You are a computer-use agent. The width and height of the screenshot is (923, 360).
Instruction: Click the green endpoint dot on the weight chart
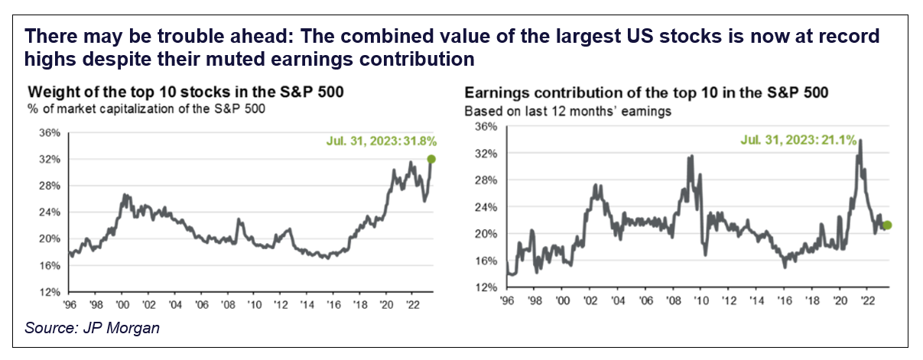click(431, 159)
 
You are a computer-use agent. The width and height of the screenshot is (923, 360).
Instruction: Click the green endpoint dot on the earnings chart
click(887, 225)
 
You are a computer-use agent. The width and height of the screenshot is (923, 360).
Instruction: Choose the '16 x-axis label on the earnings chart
click(785, 300)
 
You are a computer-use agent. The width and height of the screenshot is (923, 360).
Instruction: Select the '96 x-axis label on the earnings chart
click(506, 300)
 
